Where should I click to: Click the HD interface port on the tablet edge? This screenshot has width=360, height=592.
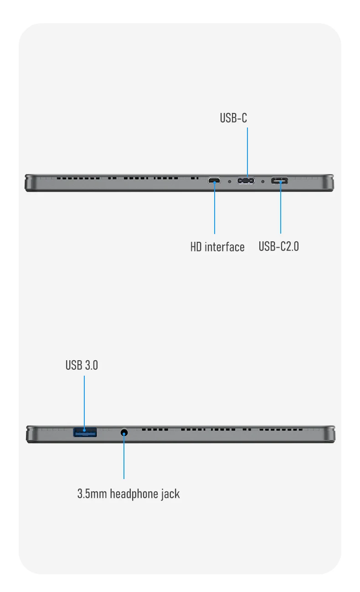point(214,181)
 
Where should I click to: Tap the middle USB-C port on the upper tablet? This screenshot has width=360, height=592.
point(246,181)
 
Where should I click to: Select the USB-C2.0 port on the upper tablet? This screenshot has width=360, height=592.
point(280,181)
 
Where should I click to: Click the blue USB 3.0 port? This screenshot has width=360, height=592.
point(85,432)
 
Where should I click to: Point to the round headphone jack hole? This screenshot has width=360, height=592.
point(123,432)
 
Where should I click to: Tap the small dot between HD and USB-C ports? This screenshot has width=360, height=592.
point(229,181)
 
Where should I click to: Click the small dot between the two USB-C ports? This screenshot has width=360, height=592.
point(262,181)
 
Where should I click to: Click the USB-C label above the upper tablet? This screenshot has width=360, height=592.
point(233,118)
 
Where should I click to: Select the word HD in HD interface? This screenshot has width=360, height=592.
point(196,247)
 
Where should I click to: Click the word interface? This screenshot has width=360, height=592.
point(224,247)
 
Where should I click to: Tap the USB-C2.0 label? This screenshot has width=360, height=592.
point(278,246)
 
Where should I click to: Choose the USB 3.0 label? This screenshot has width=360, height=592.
point(82,365)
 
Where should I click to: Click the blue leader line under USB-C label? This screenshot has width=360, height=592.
point(247,150)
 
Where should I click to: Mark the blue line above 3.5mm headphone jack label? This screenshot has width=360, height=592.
point(123,460)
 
